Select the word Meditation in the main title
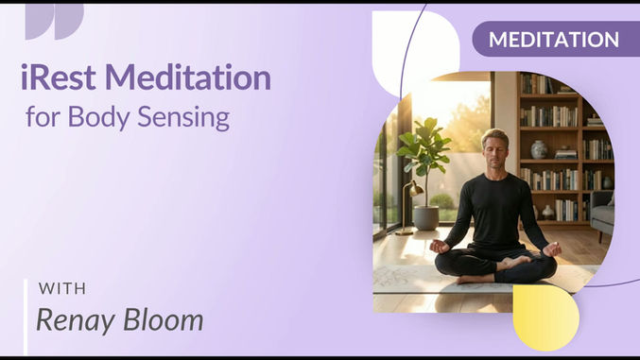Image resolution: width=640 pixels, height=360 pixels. click(189, 77)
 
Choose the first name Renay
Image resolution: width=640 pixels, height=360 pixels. click(74, 319)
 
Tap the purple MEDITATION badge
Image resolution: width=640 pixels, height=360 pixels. click(553, 40)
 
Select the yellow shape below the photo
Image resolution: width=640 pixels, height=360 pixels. click(545, 317)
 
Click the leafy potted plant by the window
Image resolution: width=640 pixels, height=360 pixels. click(423, 156)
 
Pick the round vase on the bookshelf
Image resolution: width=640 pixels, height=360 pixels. click(539, 148)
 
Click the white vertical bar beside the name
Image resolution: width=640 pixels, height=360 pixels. click(26, 316)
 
